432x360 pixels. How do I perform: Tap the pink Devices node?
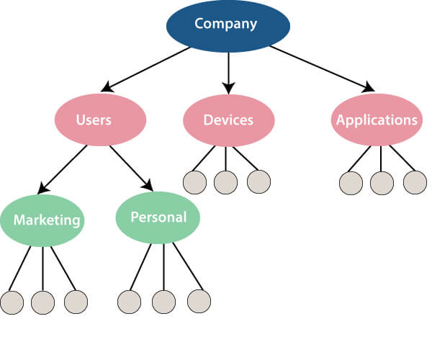(228, 120)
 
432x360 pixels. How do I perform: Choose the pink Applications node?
(376, 120)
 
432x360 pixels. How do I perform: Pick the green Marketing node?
(42, 220)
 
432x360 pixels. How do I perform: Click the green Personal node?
(158, 217)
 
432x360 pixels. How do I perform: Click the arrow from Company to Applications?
(321, 69)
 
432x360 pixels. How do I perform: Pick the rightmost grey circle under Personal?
(199, 300)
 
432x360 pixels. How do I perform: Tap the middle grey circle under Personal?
(164, 301)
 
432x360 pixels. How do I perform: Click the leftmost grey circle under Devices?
(194, 182)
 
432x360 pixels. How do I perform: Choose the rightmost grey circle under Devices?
(258, 182)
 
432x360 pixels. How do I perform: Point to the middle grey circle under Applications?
(382, 183)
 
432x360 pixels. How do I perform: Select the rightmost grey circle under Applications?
(415, 182)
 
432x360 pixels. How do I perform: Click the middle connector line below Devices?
(226, 158)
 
